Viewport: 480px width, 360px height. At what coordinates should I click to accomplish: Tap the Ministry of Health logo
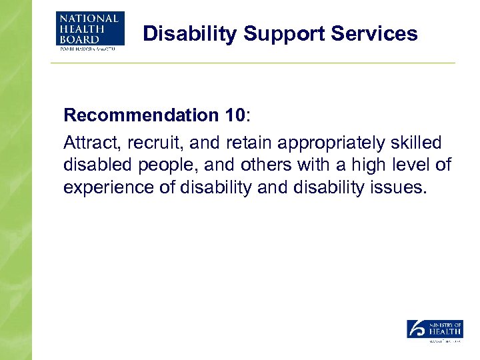coord(435,330)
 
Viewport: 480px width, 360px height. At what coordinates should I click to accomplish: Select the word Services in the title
coord(379,33)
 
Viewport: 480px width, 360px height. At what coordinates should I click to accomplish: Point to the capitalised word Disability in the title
coord(189,33)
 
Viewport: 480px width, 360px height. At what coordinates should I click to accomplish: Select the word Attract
coord(88,143)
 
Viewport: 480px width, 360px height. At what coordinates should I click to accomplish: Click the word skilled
coord(416,143)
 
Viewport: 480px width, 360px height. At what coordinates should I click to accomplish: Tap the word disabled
coord(93,165)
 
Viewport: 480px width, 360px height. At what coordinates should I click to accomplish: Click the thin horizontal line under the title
coord(253,63)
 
